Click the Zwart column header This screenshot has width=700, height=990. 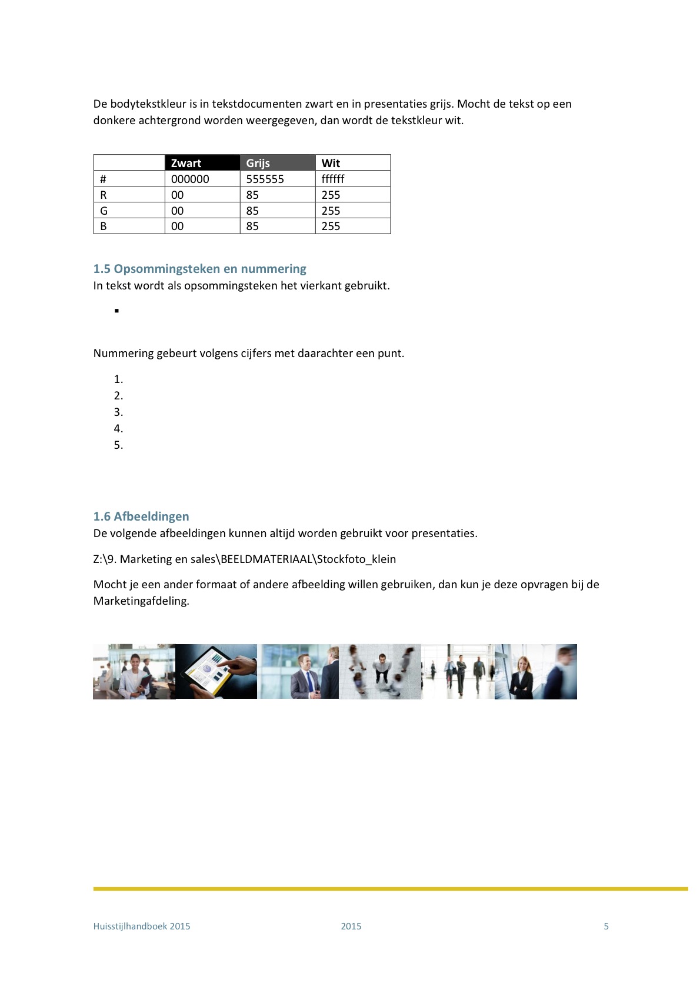pyautogui.click(x=186, y=163)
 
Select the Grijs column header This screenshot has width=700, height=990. pyautogui.click(x=258, y=163)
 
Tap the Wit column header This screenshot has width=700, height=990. pyautogui.click(x=331, y=163)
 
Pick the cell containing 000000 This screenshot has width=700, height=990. pyautogui.click(x=190, y=179)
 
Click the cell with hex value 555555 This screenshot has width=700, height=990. pyautogui.click(x=265, y=179)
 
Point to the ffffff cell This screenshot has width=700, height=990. pyautogui.click(x=333, y=179)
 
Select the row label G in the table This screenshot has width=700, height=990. pyautogui.click(x=104, y=211)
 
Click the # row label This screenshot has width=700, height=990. pyautogui.click(x=104, y=179)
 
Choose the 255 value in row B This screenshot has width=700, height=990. pyautogui.click(x=331, y=226)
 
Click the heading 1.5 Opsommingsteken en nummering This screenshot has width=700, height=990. pyautogui.click(x=199, y=269)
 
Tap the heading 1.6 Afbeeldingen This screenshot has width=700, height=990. pyautogui.click(x=141, y=516)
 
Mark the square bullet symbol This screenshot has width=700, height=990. pyautogui.click(x=117, y=311)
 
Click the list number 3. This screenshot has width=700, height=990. pyautogui.click(x=118, y=412)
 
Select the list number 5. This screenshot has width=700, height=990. pyautogui.click(x=118, y=445)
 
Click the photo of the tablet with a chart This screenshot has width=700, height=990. pyautogui.click(x=216, y=671)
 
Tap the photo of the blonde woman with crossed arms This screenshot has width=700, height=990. pyautogui.click(x=522, y=672)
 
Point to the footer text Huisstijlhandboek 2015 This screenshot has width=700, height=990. pyautogui.click(x=142, y=926)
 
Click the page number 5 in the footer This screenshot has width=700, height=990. pyautogui.click(x=606, y=926)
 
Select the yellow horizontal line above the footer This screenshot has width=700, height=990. pyautogui.click(x=391, y=889)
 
